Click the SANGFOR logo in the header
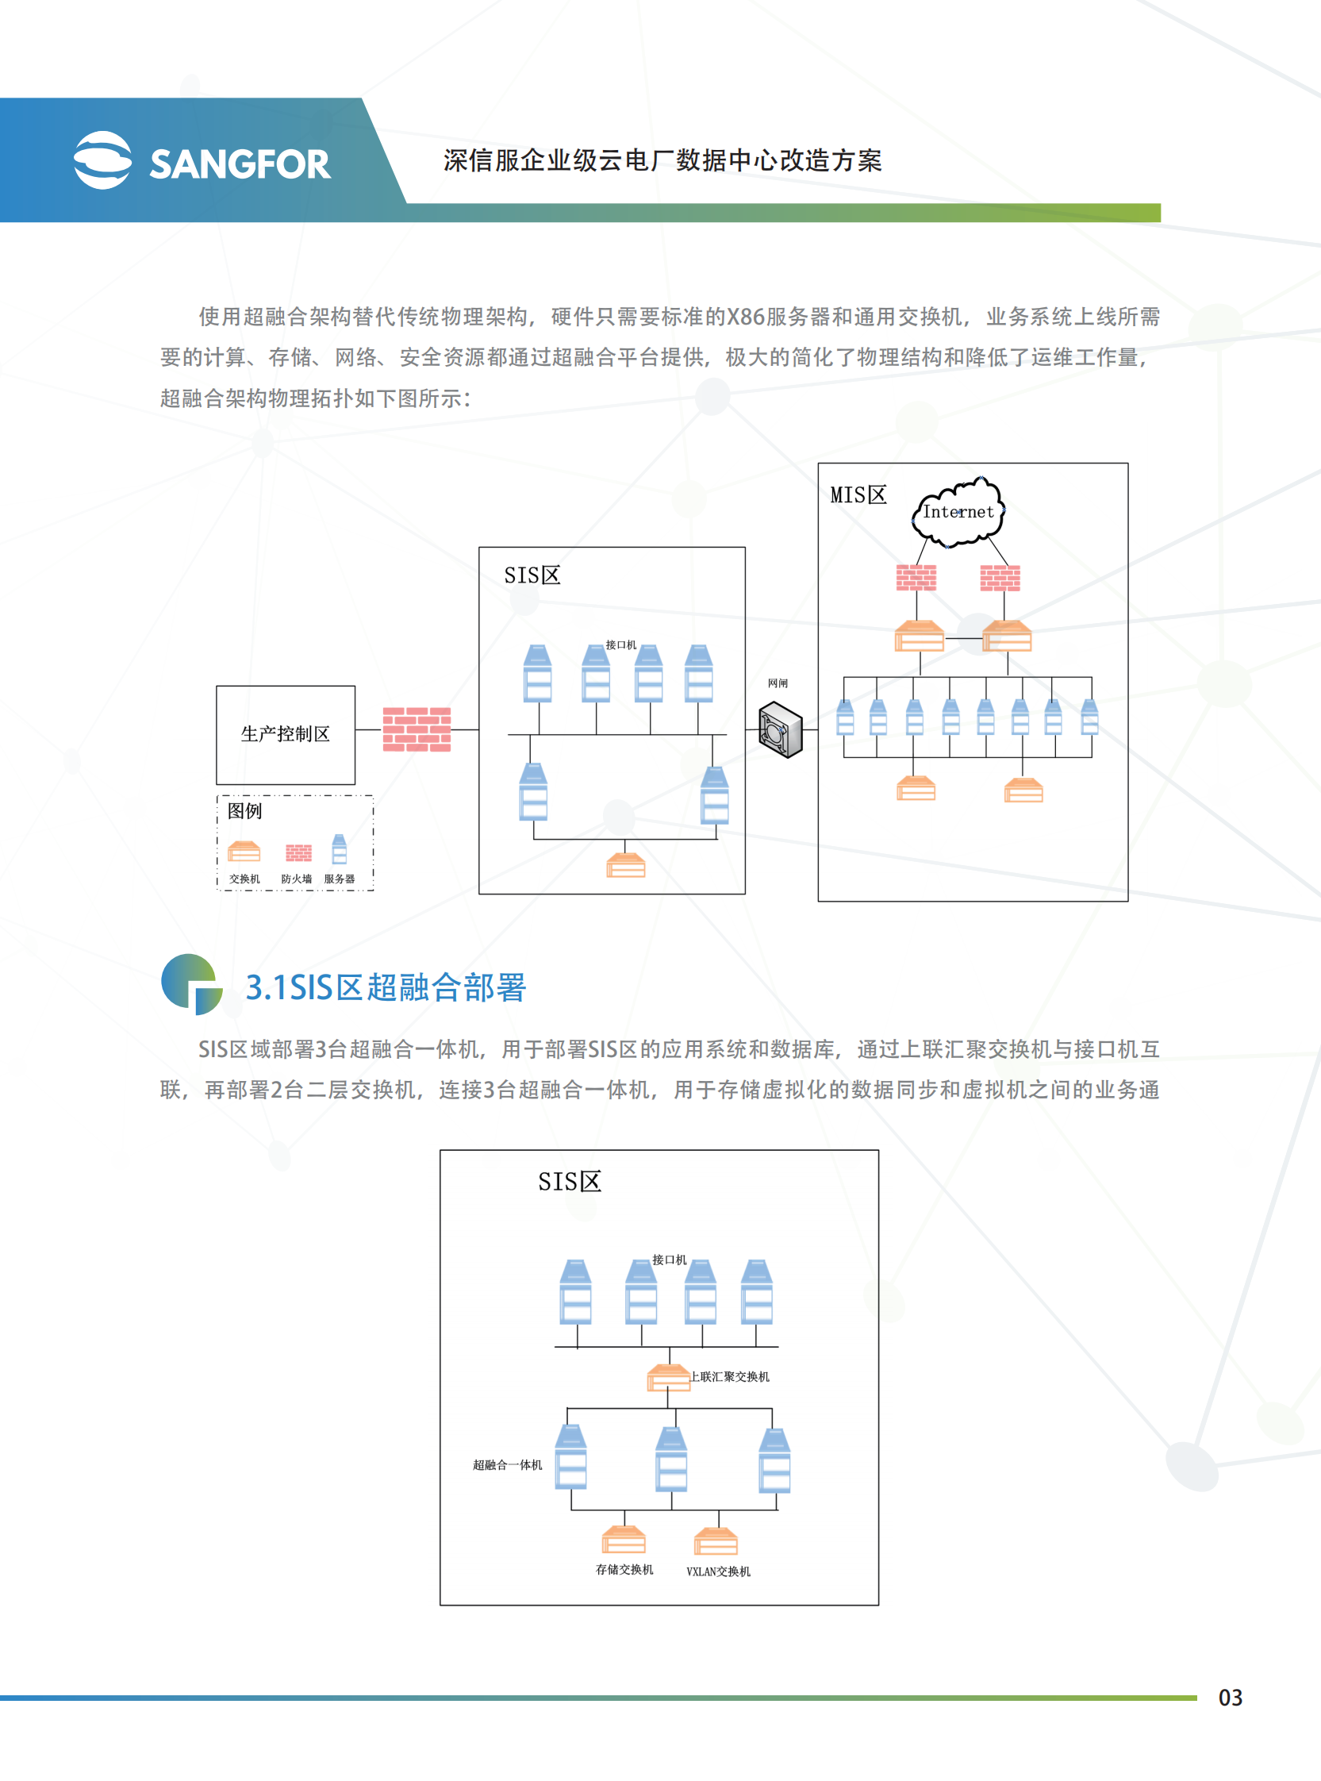(x=202, y=161)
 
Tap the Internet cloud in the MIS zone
(x=958, y=513)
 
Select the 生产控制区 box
(x=286, y=734)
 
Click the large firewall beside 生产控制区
(x=417, y=729)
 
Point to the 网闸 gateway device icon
(x=780, y=729)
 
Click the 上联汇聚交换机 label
(x=730, y=1376)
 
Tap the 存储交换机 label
(x=624, y=1570)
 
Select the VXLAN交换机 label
(x=718, y=1571)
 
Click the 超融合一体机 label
(x=507, y=1465)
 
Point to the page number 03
(x=1230, y=1697)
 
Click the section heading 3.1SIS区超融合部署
(x=386, y=987)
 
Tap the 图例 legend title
(x=244, y=811)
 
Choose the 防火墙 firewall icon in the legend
(x=298, y=853)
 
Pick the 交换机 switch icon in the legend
(x=244, y=852)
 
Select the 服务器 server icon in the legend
(x=339, y=849)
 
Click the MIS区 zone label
(x=858, y=495)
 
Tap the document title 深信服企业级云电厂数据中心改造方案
(x=662, y=161)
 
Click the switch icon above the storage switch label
(x=624, y=1540)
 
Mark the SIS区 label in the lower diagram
(x=570, y=1182)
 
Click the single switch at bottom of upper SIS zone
(x=625, y=865)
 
